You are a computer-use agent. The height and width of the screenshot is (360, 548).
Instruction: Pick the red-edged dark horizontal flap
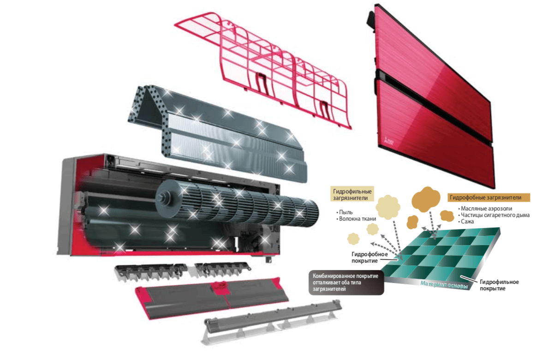point(211,297)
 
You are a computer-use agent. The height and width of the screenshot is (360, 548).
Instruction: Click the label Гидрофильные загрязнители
point(351,194)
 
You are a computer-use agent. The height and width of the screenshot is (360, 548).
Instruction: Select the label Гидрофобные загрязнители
point(488,198)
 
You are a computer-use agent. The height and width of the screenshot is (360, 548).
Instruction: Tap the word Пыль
point(345,212)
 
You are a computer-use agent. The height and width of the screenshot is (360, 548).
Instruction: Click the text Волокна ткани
point(356,219)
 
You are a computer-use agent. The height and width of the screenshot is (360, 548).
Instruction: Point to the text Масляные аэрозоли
point(485,209)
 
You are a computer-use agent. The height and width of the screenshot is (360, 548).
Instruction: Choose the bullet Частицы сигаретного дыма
point(494,215)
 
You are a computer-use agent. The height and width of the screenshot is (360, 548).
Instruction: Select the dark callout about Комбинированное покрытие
point(346,282)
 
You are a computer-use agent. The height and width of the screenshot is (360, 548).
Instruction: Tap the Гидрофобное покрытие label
point(369,258)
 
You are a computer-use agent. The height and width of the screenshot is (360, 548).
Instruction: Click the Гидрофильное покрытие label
point(499,285)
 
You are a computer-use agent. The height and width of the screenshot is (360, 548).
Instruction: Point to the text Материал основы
point(444,285)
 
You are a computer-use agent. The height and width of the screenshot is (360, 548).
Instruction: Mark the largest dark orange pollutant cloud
point(426,198)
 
